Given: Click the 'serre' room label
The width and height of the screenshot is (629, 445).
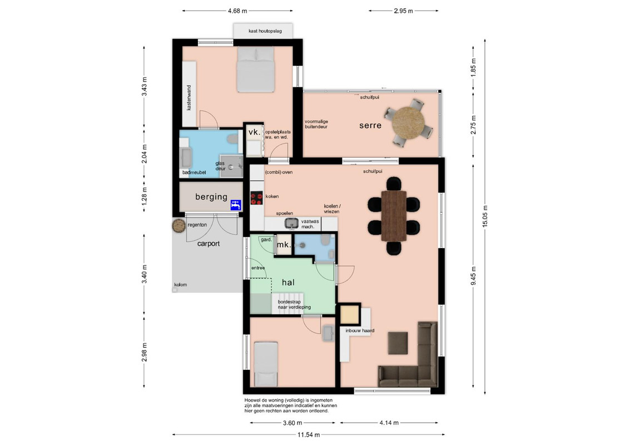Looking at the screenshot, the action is click(370, 125).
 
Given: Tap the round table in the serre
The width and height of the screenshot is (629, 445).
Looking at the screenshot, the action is click(408, 122).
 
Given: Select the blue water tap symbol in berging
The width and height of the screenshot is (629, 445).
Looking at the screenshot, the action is click(236, 205).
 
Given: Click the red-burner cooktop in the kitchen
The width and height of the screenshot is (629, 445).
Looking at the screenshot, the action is click(257, 198).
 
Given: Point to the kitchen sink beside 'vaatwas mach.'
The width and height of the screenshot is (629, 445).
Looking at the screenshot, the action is click(292, 223).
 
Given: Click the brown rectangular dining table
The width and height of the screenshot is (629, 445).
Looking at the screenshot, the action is click(394, 215).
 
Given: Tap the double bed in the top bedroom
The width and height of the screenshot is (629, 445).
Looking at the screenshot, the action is click(255, 69).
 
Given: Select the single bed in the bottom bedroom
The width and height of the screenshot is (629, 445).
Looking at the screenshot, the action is click(266, 364).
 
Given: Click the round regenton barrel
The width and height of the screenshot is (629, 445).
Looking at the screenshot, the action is click(179, 226).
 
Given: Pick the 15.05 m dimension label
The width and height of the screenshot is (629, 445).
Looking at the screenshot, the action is click(485, 216).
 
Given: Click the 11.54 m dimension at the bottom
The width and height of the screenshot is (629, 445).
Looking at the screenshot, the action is click(309, 434).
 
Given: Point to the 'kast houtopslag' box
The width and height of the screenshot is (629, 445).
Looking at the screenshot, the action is click(263, 31).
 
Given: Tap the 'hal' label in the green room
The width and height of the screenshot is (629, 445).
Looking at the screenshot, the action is click(288, 283).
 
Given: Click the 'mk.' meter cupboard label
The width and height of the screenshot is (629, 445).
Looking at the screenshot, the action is click(284, 244).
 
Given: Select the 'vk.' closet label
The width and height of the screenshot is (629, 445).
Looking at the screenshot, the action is click(254, 132).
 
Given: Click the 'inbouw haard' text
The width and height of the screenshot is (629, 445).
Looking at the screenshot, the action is click(360, 330).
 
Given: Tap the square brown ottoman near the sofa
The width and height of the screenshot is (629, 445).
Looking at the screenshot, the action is click(398, 343).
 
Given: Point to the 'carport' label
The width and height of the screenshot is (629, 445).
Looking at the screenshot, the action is click(209, 244).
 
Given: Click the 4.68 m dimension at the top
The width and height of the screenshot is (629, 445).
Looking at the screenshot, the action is click(237, 11).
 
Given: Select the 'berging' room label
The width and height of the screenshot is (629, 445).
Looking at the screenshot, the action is click(211, 196).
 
